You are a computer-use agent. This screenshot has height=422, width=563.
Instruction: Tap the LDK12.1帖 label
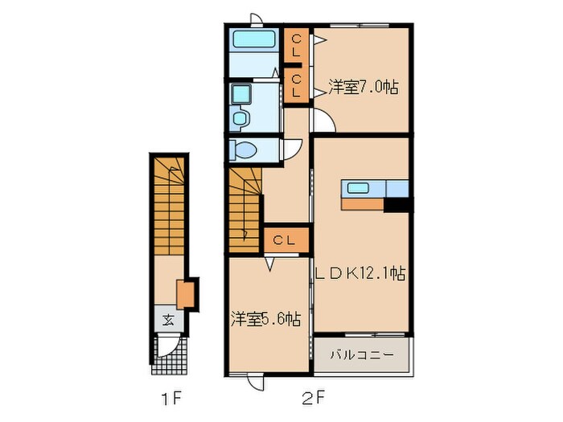pyautogui.click(x=360, y=274)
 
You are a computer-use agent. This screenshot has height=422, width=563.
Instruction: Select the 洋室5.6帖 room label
pyautogui.click(x=268, y=319)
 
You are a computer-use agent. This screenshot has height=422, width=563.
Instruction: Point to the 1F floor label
pyautogui.click(x=170, y=396)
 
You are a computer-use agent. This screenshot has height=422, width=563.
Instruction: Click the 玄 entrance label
pyautogui.click(x=168, y=318)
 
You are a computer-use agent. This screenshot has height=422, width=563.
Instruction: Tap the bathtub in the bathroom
pyautogui.click(x=253, y=39)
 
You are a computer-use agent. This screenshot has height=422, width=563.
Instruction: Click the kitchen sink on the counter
pyautogui.click(x=358, y=188)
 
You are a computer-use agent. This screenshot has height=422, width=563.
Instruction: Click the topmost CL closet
pyautogui.click(x=296, y=45)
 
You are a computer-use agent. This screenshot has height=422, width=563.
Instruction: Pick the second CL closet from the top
pyautogui.click(x=296, y=86)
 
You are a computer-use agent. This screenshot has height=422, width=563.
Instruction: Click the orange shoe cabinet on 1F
pyautogui.click(x=187, y=294)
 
